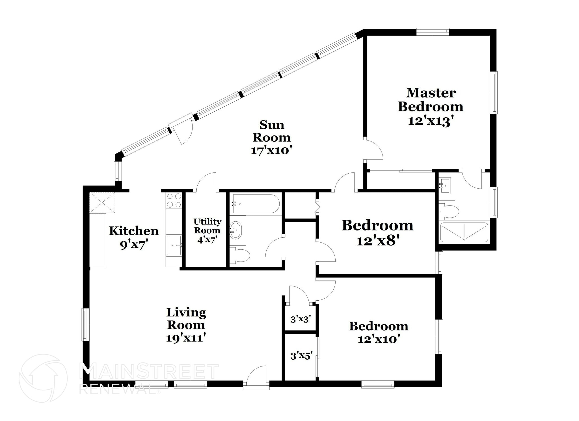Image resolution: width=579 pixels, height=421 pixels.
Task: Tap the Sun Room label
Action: coord(272,131)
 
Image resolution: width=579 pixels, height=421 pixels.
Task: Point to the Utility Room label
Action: coord(207,226)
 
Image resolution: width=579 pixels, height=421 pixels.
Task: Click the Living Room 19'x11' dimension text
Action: coord(185,338)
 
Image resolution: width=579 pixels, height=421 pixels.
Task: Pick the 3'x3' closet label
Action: coord(301,319)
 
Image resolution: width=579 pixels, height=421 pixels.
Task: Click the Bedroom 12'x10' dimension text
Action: coord(379,339)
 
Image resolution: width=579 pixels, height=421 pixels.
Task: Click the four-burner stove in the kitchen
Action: coord(174,200)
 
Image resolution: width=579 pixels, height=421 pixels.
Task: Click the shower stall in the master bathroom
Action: coord(464,232)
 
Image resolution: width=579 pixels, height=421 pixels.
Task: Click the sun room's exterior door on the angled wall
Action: coord(181,129)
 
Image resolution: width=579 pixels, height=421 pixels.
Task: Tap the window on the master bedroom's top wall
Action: coord(433,32)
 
